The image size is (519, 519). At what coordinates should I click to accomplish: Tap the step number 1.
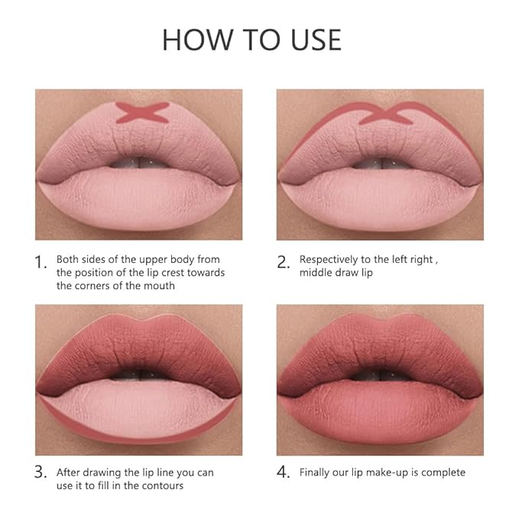point(42,262)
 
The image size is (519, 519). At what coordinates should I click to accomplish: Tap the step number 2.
point(284,262)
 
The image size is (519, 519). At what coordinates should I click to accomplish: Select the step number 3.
point(42,473)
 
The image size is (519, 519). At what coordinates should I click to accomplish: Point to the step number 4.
point(284,473)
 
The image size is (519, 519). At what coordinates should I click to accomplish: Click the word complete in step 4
point(443,472)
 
